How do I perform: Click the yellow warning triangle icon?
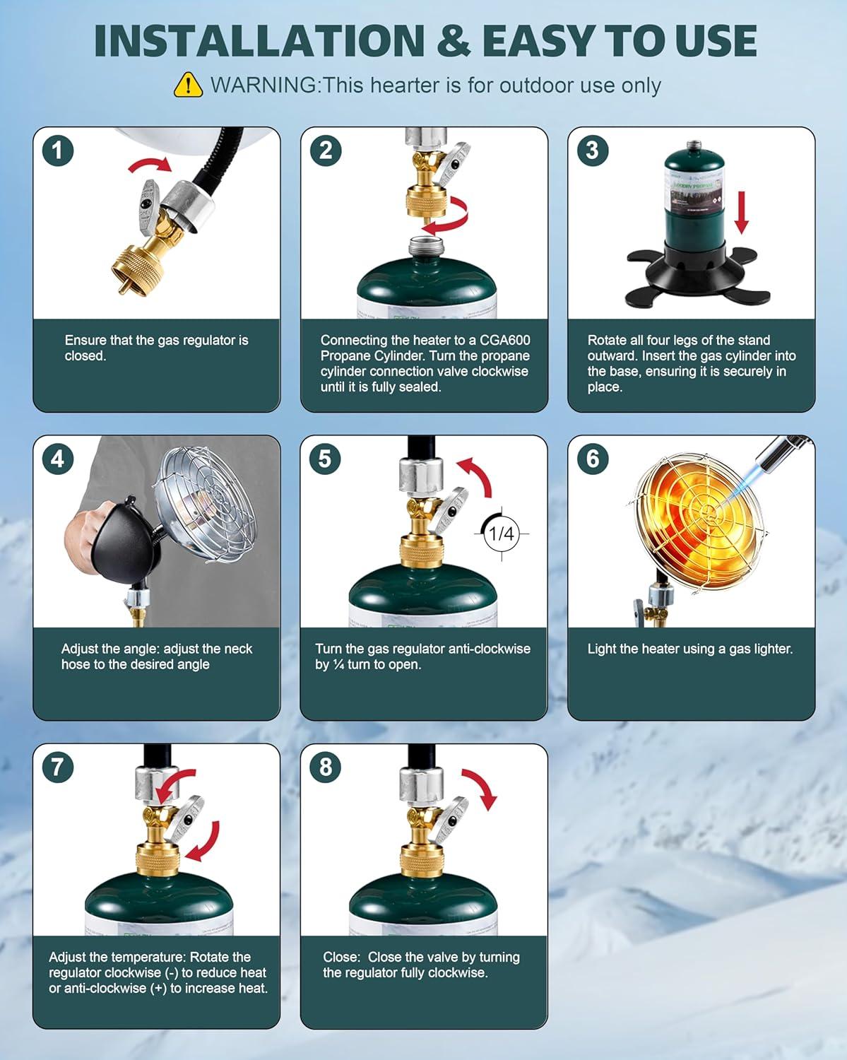click(188, 86)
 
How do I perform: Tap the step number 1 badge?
click(58, 151)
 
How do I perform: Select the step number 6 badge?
click(593, 459)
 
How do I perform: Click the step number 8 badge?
click(325, 767)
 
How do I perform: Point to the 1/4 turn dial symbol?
click(502, 534)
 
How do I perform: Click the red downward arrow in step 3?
click(742, 212)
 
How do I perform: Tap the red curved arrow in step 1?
click(150, 165)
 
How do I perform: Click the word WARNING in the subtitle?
click(264, 86)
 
